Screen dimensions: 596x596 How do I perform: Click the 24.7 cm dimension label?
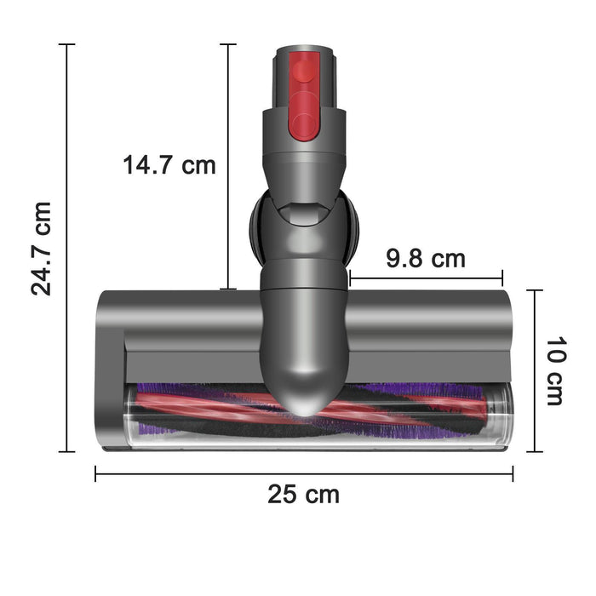[41, 248]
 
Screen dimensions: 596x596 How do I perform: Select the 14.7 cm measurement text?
[169, 164]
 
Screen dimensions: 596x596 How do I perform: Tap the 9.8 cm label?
[425, 258]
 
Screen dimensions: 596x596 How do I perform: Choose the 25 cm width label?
[303, 494]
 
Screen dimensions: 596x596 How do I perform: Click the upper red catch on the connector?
[304, 68]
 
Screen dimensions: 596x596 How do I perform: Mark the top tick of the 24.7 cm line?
[66, 44]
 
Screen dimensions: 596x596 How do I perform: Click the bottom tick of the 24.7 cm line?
[66, 451]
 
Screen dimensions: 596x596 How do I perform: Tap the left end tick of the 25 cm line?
[95, 474]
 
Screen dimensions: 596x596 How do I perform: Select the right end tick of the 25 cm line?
[513, 474]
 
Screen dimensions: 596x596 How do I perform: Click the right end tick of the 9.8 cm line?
[502, 278]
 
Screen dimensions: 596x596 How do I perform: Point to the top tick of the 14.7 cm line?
[227, 44]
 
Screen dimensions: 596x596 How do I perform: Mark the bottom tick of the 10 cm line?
[534, 451]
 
